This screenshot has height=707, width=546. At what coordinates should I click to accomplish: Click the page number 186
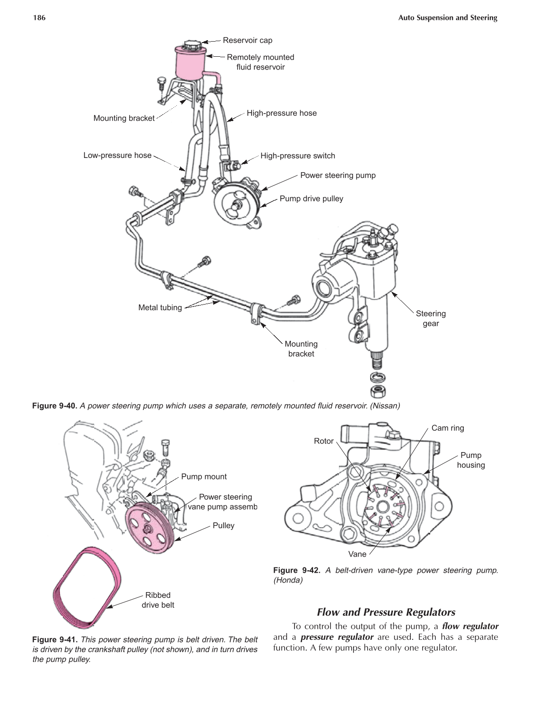click(39, 18)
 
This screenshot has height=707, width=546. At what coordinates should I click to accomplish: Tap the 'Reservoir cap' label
click(247, 40)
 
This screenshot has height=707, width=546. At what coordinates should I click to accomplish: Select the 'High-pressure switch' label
click(297, 156)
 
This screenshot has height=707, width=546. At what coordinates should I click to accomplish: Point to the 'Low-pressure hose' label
click(117, 155)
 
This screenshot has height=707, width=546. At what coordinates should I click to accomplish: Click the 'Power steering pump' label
click(338, 175)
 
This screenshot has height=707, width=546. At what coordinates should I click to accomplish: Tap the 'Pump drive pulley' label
click(311, 199)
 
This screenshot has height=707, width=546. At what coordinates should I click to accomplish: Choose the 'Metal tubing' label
click(160, 307)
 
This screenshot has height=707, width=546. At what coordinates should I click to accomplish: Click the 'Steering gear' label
click(430, 318)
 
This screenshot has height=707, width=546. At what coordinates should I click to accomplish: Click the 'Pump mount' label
click(204, 477)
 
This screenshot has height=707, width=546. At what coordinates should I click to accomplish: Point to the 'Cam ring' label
click(448, 428)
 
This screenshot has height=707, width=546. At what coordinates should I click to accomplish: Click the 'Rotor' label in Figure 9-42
click(323, 441)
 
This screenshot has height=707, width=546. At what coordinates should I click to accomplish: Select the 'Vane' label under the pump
click(357, 554)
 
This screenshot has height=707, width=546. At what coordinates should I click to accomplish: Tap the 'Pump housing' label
click(470, 460)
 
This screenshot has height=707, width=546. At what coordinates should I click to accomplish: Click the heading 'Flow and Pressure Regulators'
click(386, 612)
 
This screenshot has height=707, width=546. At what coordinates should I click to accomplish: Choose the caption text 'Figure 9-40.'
click(54, 406)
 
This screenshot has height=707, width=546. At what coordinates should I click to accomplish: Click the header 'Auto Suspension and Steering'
click(447, 18)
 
